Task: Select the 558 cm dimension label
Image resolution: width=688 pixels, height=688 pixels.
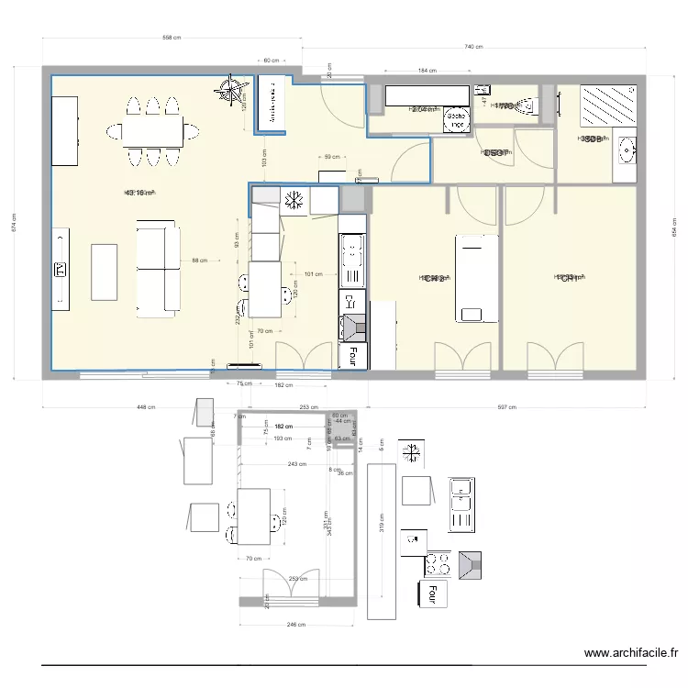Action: pyautogui.click(x=171, y=39)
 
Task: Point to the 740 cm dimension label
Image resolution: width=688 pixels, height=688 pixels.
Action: pyautogui.click(x=473, y=45)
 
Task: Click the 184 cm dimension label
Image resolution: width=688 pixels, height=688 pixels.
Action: pyautogui.click(x=427, y=70)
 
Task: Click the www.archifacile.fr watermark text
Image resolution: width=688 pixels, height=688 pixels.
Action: pyautogui.click(x=631, y=654)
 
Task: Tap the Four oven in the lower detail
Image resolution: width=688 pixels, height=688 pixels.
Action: pyautogui.click(x=428, y=594)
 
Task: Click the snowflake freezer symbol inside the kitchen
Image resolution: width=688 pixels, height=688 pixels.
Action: pyautogui.click(x=295, y=199)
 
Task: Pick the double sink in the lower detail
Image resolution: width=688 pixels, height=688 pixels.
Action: pyautogui.click(x=461, y=505)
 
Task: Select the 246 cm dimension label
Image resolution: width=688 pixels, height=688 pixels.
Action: pyautogui.click(x=296, y=625)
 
